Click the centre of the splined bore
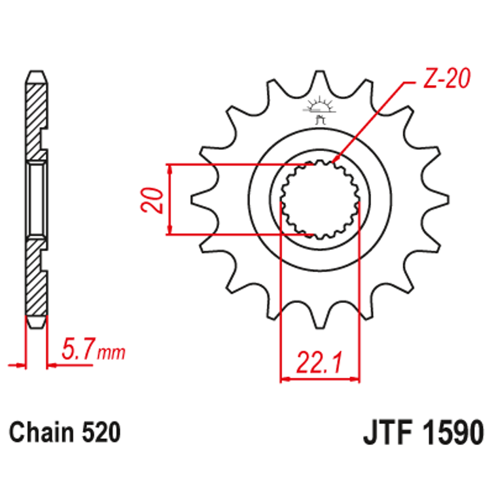coord(320,200)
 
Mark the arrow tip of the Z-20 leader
coord(334,161)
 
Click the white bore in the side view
coord(37,199)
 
